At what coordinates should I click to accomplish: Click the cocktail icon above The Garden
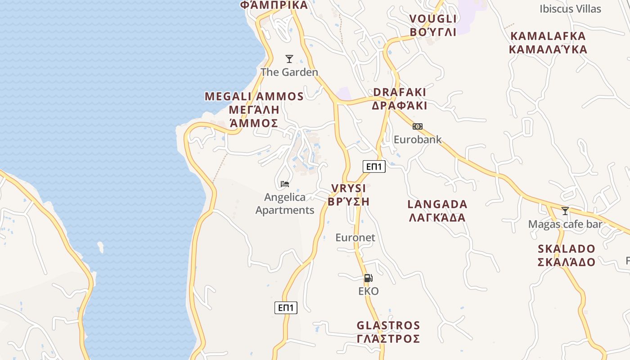click(x=289, y=59)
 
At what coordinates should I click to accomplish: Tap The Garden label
click(x=289, y=72)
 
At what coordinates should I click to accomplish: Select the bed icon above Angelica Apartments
click(x=284, y=184)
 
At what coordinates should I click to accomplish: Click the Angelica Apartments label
click(x=285, y=203)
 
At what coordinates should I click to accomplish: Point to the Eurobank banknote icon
click(x=418, y=126)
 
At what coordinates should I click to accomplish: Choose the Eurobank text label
click(x=418, y=139)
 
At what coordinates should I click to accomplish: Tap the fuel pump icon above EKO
click(x=368, y=278)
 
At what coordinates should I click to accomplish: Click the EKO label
click(x=369, y=291)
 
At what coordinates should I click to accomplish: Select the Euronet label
click(x=355, y=237)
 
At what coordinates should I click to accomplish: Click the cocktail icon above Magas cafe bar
click(x=565, y=211)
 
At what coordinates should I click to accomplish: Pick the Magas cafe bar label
click(x=565, y=224)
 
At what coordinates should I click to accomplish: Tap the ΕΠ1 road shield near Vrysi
click(x=374, y=166)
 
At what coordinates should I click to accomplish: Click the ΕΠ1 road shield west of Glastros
click(x=286, y=308)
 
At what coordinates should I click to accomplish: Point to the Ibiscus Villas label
click(x=570, y=9)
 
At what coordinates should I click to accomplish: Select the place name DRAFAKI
click(x=400, y=92)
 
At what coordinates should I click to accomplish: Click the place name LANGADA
click(x=437, y=204)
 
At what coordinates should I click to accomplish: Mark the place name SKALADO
click(x=567, y=249)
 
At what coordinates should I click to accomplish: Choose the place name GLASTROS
click(x=388, y=325)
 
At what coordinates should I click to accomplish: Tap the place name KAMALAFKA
click(x=548, y=36)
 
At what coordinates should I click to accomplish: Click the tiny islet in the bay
click(x=100, y=247)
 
